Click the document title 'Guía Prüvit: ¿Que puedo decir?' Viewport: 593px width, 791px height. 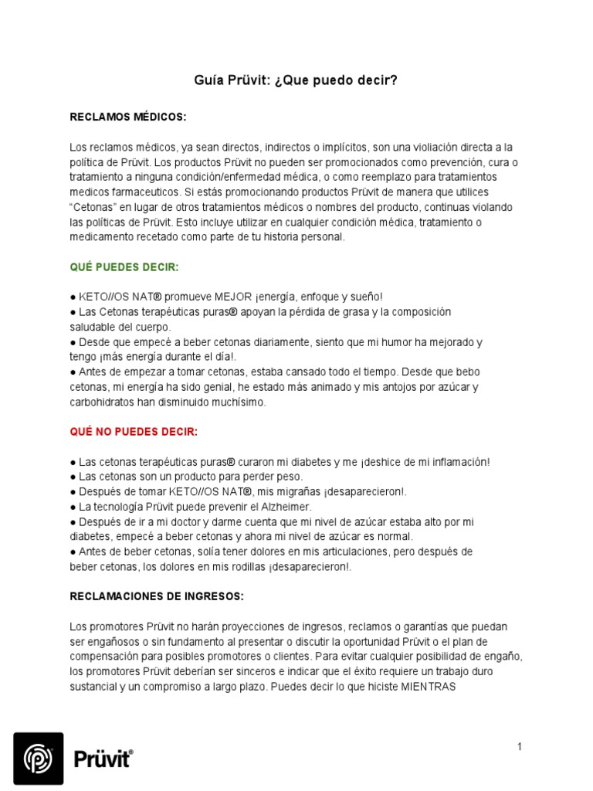pos(296,80)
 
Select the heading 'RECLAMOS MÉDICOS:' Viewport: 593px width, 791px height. pos(128,117)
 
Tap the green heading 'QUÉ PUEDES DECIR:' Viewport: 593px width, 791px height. pos(124,266)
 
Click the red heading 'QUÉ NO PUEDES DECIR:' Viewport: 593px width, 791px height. pos(134,431)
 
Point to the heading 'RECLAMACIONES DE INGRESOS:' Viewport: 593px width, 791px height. pos(157,596)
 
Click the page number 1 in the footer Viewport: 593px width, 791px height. pos(520,746)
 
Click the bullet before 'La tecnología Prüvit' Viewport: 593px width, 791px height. pos(73,507)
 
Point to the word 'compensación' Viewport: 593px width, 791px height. pos(104,657)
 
